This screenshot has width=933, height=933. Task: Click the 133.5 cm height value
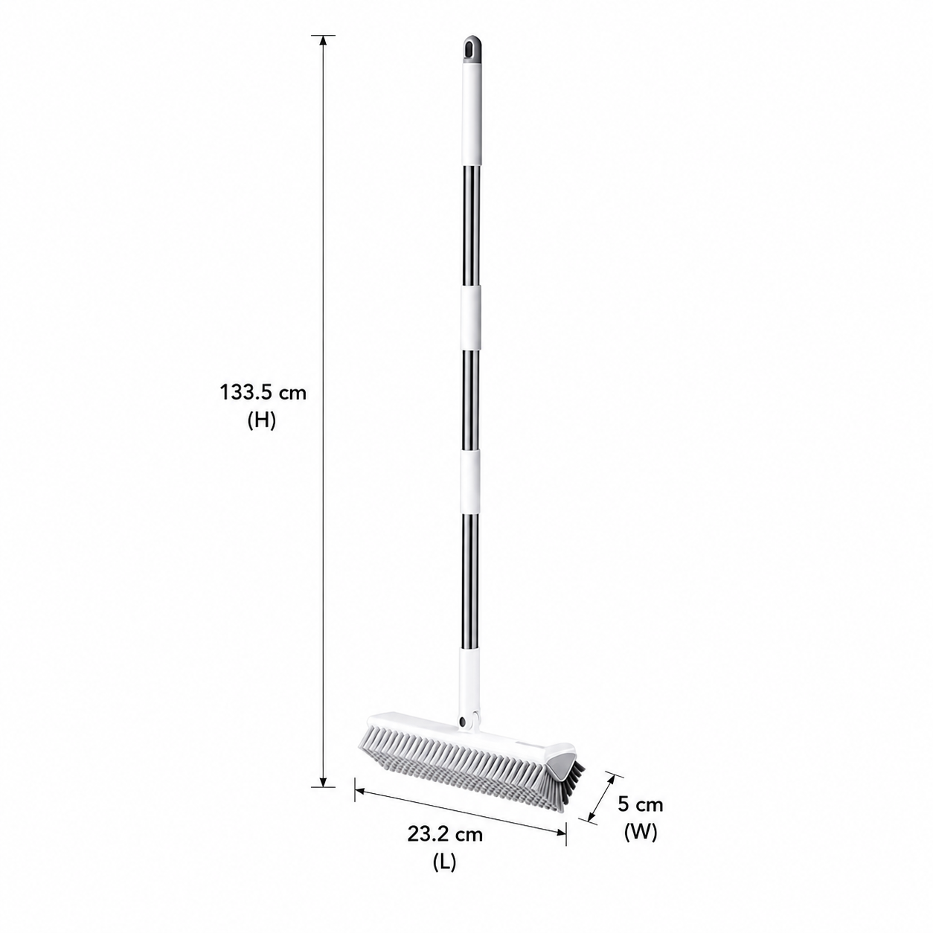click(x=263, y=393)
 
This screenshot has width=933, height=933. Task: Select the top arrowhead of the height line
click(x=323, y=40)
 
